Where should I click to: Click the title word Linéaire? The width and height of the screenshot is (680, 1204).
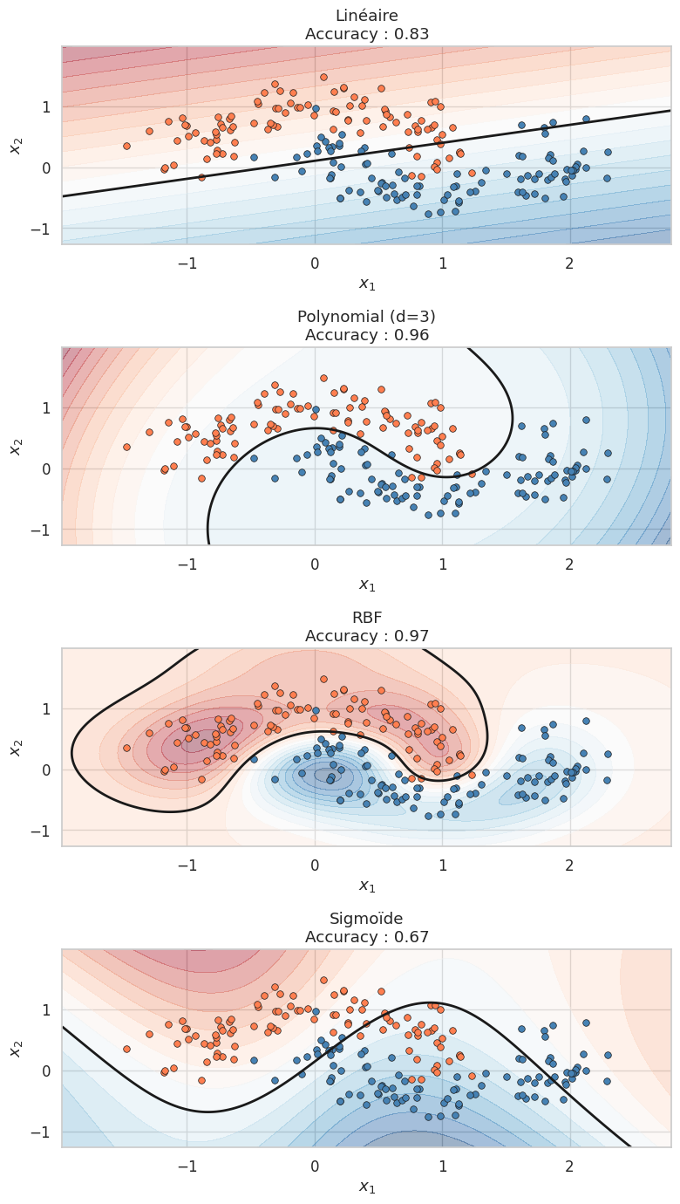(367, 16)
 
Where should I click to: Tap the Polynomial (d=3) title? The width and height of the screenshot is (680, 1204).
(367, 317)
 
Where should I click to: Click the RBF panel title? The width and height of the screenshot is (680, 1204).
(367, 618)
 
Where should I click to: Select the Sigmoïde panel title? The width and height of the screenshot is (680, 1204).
(367, 919)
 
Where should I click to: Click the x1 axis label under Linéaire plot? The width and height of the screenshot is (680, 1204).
(367, 284)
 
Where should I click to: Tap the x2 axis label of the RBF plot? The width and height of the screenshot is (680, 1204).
(16, 747)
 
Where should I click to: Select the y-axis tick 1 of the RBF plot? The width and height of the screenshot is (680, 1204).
(45, 708)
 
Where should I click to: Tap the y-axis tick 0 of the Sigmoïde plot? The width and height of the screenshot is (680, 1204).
(45, 1071)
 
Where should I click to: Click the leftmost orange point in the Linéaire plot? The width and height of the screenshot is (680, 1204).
(126, 146)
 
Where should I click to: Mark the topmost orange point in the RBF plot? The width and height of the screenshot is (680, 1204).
(323, 679)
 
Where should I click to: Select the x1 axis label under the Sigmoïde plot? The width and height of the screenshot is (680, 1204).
(367, 1187)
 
